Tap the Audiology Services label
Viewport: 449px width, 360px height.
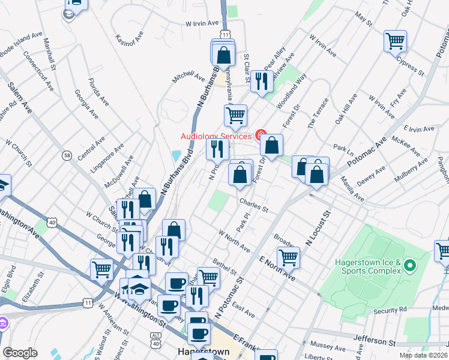(x=216, y=136)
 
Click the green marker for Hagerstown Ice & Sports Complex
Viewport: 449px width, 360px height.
(x=410, y=265)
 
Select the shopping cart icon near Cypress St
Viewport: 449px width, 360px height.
(x=395, y=41)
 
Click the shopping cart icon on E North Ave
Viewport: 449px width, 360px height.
(x=288, y=257)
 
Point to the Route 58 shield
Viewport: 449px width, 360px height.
(x=66, y=155)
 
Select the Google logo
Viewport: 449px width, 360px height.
(x=20, y=353)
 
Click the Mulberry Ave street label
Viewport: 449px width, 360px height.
(x=409, y=172)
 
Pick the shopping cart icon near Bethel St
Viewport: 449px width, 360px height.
(x=208, y=277)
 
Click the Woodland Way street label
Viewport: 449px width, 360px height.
(x=292, y=90)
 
